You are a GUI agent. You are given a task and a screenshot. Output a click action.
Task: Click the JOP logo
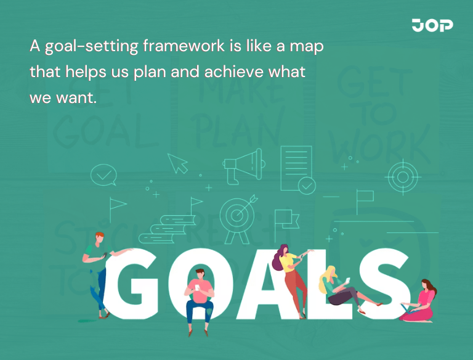click(x=432, y=25)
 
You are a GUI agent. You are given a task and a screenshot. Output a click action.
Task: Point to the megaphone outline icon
click(x=242, y=165)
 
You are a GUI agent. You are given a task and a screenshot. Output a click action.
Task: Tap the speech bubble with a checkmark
click(x=103, y=176)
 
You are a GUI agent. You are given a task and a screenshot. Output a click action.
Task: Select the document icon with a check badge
click(x=298, y=168)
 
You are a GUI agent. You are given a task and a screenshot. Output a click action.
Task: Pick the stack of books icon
click(x=161, y=229)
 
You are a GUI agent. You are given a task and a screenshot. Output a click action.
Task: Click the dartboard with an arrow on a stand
click(x=237, y=216)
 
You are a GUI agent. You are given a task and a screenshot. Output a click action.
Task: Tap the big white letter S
click(x=383, y=284)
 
